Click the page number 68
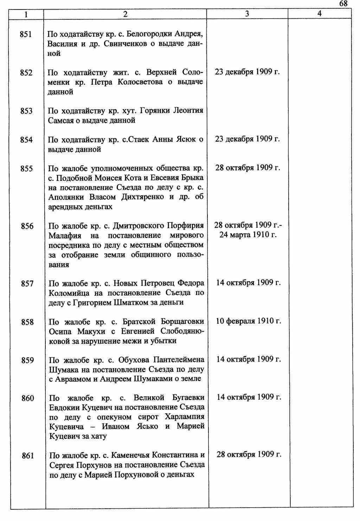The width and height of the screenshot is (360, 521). (343, 4)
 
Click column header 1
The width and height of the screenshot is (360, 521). (26, 14)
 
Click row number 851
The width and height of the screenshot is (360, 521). (26, 34)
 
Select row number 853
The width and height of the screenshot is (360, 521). (26, 111)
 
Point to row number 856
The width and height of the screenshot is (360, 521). (27, 226)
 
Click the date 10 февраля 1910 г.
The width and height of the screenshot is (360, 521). (249, 321)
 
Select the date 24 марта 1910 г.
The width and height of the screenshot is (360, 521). (248, 235)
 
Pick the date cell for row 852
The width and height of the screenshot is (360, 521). (247, 72)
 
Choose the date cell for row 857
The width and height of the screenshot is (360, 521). (249, 283)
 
